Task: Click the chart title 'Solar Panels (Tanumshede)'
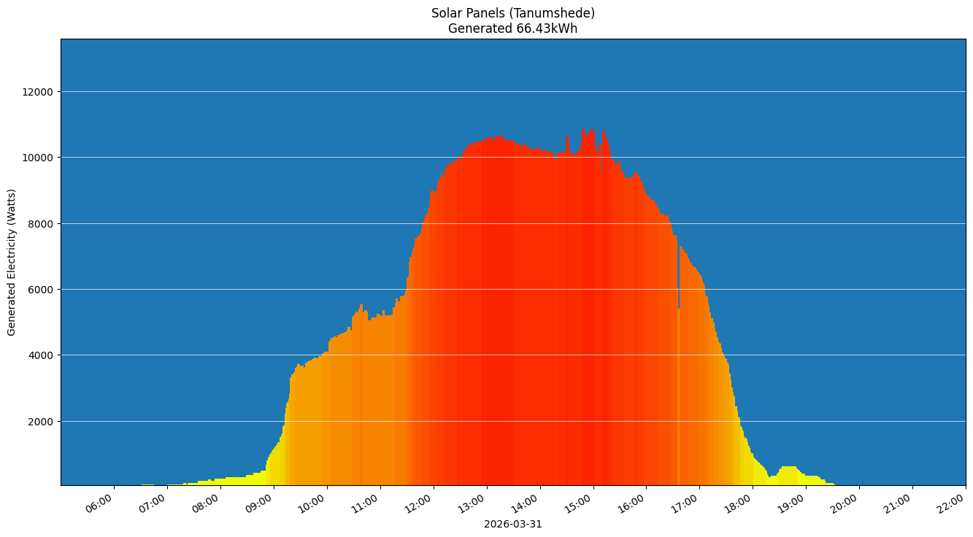[x=512, y=13]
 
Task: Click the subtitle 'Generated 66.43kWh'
[x=512, y=29]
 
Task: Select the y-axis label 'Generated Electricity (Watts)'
[x=12, y=262]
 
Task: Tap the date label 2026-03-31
[x=512, y=524]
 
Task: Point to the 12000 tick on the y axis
[x=39, y=92]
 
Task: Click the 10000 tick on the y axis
[x=39, y=158]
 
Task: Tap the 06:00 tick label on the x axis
[x=100, y=503]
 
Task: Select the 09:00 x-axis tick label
[x=260, y=503]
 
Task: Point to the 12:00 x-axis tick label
[x=420, y=503]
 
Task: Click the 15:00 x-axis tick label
[x=580, y=503]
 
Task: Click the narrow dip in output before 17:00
[x=679, y=292]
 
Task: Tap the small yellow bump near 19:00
[x=789, y=473]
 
